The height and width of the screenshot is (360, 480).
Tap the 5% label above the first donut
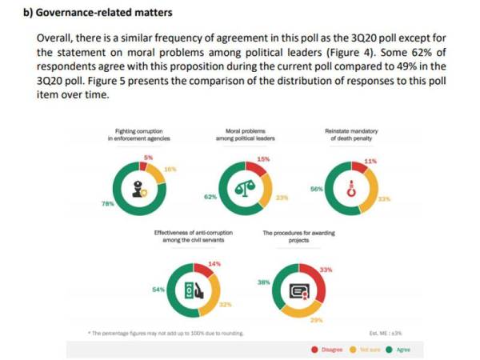coord(149,158)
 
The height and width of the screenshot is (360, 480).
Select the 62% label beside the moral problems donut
coord(210,196)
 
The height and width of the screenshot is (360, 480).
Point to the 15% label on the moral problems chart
coord(263,160)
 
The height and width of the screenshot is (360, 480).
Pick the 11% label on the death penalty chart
coord(370,161)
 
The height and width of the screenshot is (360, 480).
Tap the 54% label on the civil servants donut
coord(158,289)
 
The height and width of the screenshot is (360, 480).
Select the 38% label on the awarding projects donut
coord(262,283)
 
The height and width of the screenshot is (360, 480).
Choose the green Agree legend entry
coord(398,350)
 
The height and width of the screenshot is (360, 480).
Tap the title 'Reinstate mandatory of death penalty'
coord(351,134)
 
